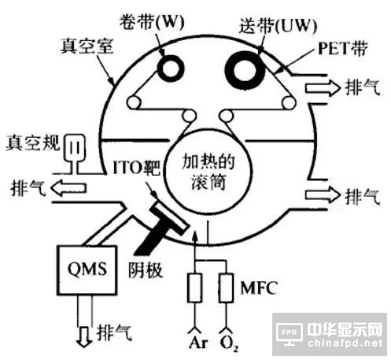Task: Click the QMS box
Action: pos(87,270)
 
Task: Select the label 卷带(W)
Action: pos(152,21)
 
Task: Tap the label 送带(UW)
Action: pos(278,25)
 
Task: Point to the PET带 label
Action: pos(342,49)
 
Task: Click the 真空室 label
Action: pos(87,46)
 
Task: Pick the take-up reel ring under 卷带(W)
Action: pos(171,68)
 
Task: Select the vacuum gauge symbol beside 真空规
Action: pos(75,151)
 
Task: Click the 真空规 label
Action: pos(33,143)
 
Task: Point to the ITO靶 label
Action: pos(136,167)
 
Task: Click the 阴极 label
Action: pos(146,270)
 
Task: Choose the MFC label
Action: pos(259,288)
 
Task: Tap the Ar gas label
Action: pos(198,342)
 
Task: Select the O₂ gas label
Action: pos(229,343)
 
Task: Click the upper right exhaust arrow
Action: pos(323,88)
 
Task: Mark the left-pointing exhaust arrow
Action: pos(68,188)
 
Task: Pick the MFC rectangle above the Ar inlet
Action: pos(194,288)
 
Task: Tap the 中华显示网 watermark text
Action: pos(345,329)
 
